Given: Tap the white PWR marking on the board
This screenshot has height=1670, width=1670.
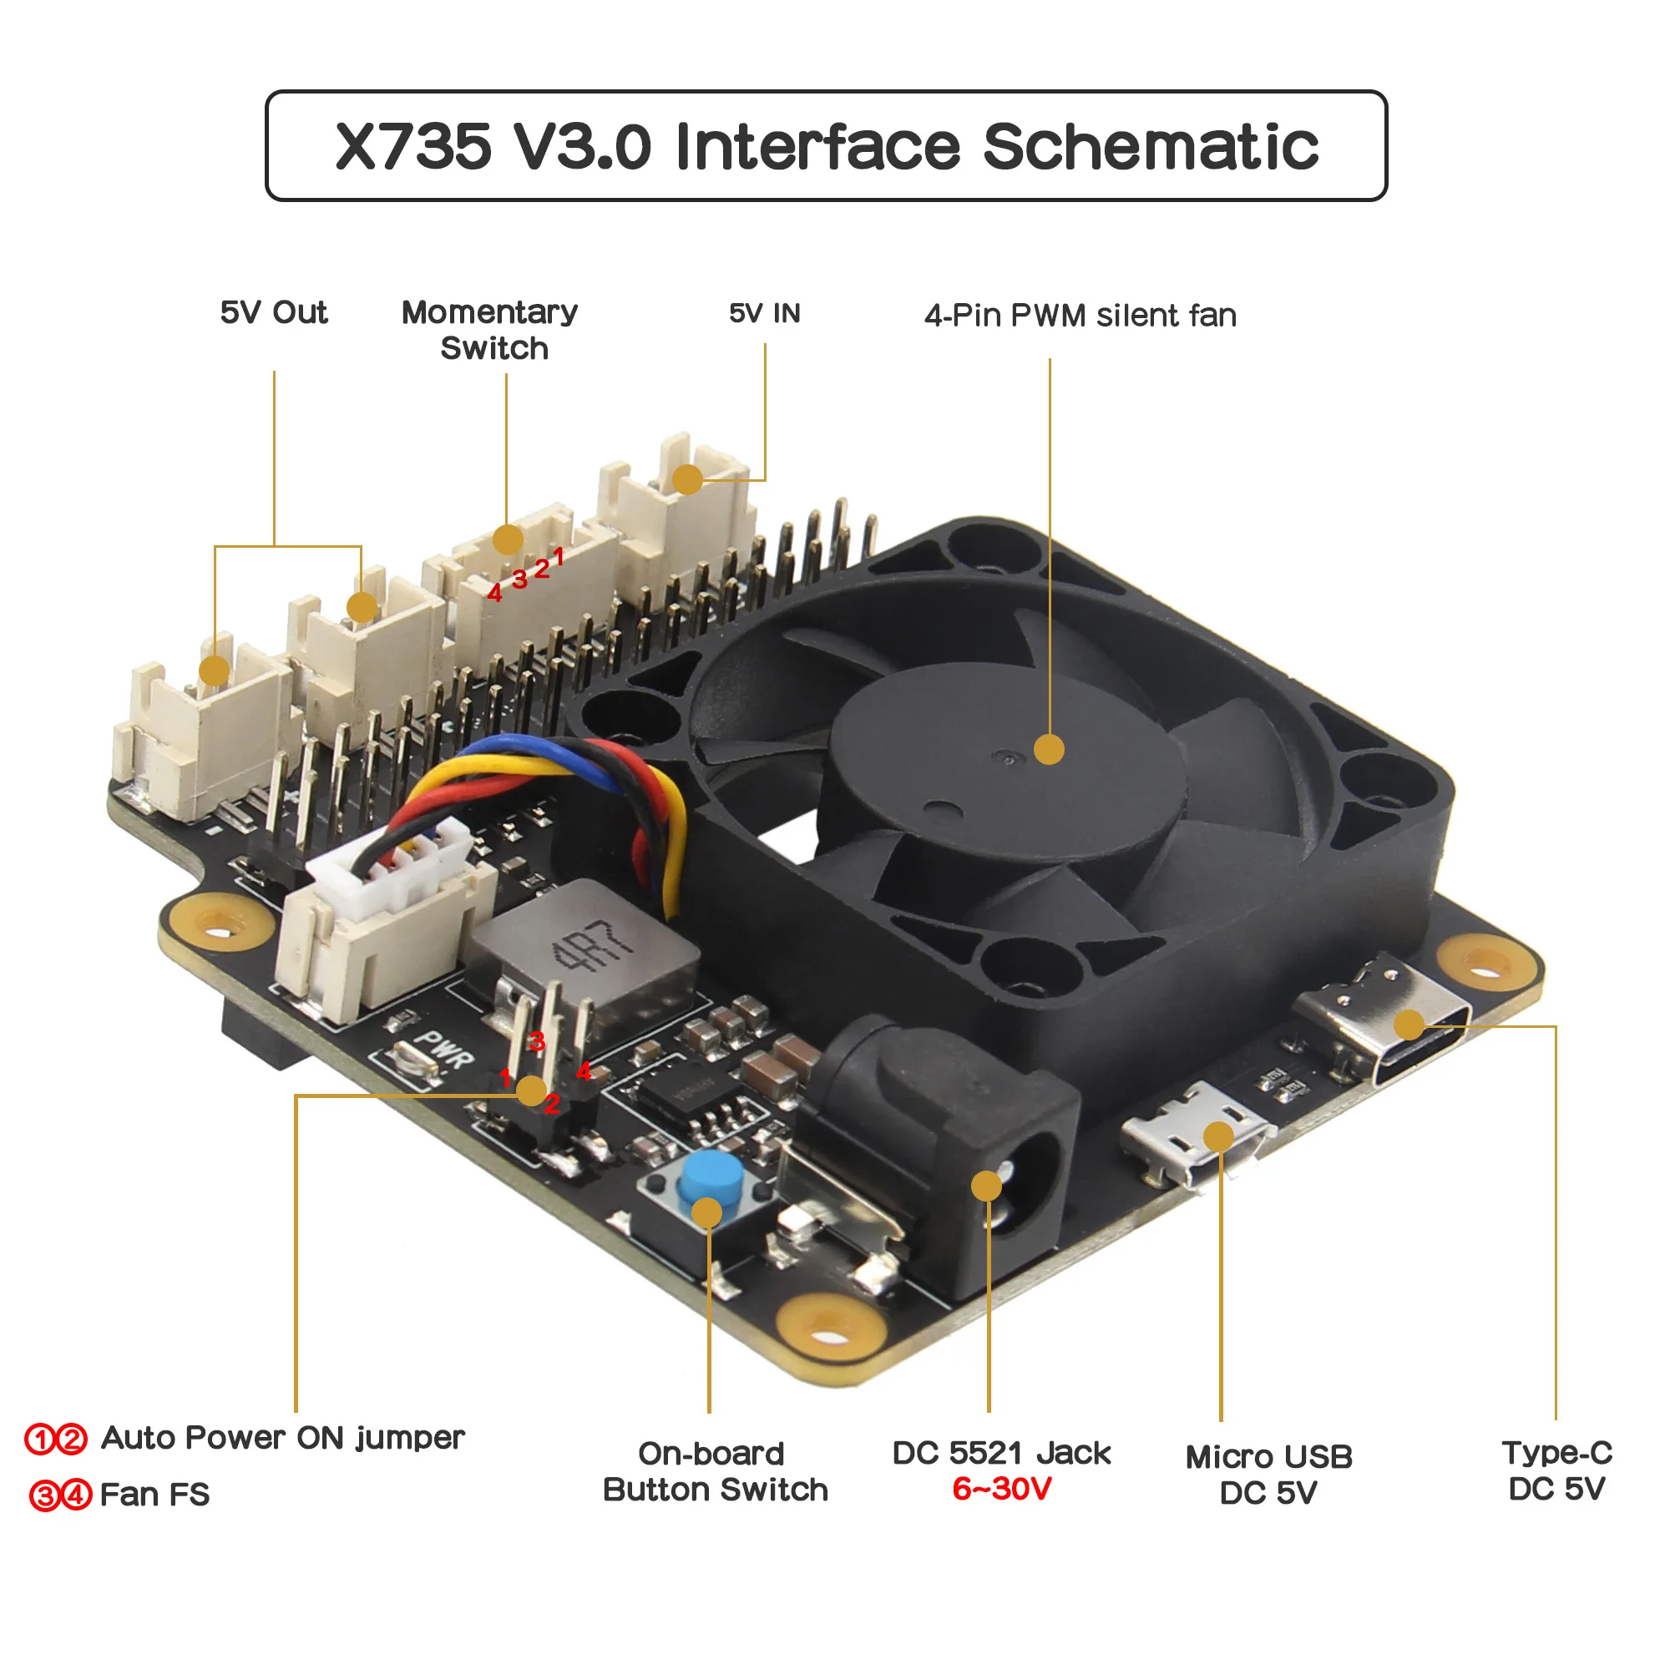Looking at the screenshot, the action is (x=443, y=1049).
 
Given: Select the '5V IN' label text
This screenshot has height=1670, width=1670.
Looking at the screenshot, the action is (x=765, y=313).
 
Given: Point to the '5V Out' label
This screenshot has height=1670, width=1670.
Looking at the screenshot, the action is (x=274, y=312).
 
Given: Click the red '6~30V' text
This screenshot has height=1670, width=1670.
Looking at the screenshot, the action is (x=1002, y=1490).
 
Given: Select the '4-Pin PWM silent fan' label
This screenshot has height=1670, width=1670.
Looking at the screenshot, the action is (x=1080, y=316).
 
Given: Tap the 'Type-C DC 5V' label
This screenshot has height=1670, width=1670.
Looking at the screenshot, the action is (x=1556, y=1470).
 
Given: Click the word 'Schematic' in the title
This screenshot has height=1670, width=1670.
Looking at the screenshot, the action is (x=1151, y=146).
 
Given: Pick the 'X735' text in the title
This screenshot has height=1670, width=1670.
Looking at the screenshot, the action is (x=413, y=146).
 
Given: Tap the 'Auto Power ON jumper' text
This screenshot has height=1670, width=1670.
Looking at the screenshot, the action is (x=283, y=1438).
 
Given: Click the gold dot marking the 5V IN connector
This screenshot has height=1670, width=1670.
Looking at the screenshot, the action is (x=687, y=478).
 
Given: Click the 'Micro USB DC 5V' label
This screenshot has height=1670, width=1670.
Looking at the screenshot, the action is (x=1269, y=1475).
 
